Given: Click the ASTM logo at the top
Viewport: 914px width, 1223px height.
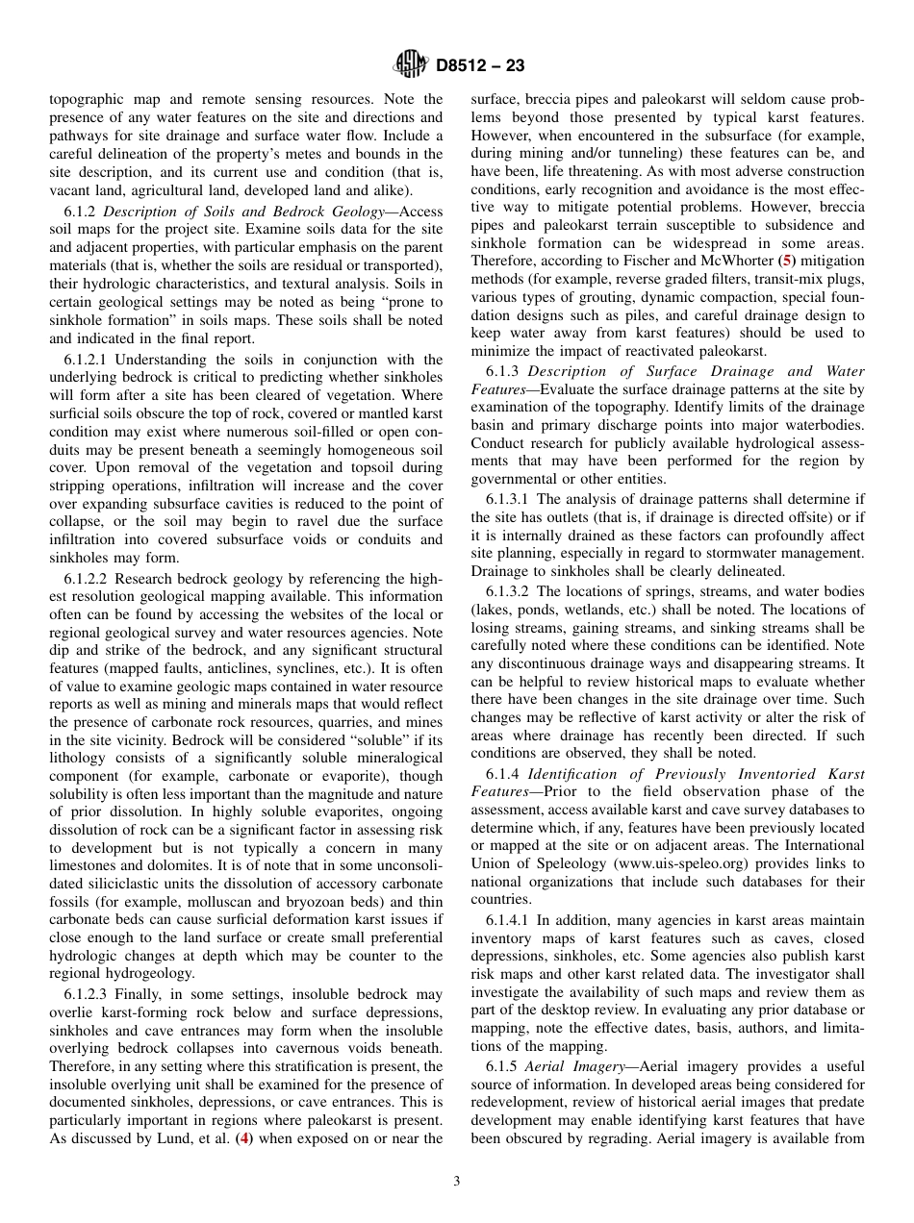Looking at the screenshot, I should point(412,65).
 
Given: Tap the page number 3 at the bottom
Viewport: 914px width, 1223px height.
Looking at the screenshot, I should point(457,1182).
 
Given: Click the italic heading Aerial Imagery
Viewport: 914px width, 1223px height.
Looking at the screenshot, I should point(579,1066).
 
